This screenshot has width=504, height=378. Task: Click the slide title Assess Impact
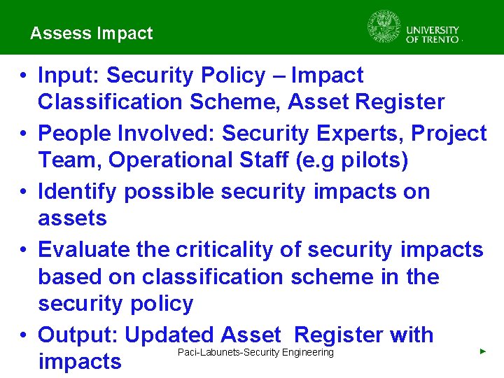[91, 33]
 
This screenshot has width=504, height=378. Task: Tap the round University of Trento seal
[383, 27]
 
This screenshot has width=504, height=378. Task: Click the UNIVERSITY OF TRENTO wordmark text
[433, 34]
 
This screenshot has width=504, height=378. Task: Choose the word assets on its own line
[72, 218]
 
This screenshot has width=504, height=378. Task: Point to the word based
[70, 276]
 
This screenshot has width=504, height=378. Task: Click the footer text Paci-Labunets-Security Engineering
[255, 352]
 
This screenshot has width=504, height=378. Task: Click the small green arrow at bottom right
[482, 351]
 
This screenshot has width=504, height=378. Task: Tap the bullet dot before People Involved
[23, 134]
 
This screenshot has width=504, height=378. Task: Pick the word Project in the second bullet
[449, 133]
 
